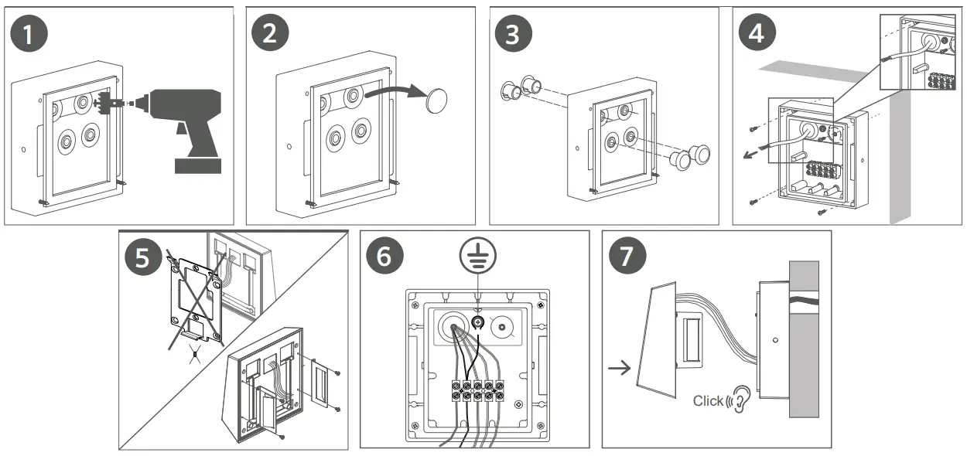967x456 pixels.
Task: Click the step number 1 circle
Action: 32,36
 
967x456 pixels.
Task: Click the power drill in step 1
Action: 186,123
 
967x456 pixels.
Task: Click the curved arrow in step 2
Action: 395,91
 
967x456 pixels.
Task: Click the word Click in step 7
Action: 707,400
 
